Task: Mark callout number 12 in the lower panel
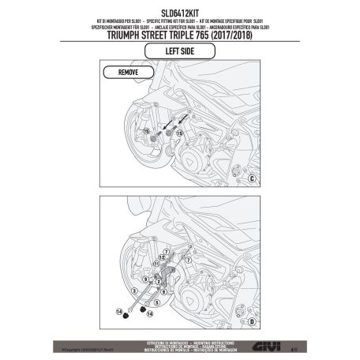[x=160, y=257]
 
